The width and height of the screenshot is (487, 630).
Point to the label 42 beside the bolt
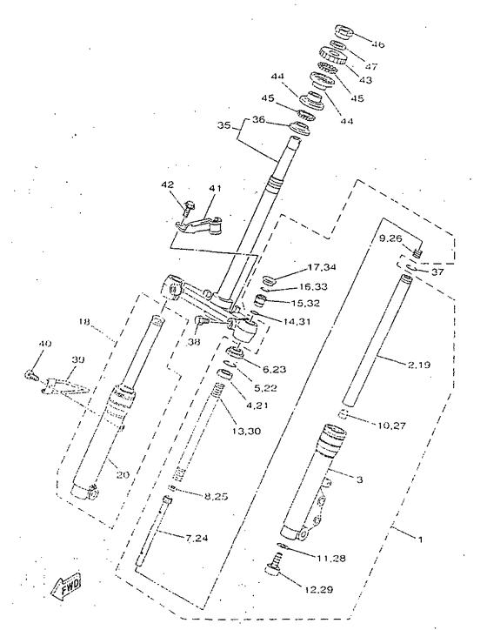click(x=167, y=184)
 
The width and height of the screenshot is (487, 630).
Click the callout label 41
click(x=215, y=188)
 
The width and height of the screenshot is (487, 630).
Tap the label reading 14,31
click(x=296, y=321)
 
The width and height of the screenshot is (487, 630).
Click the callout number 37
click(x=437, y=271)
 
